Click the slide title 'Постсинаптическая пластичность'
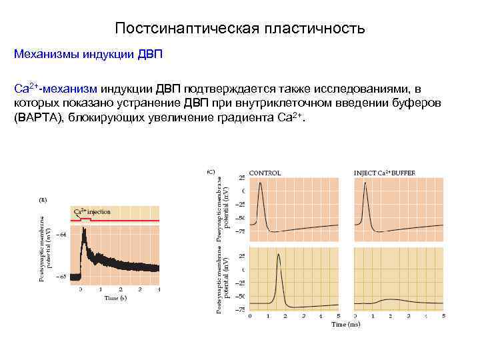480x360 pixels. (x=240, y=29)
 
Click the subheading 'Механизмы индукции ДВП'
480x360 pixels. (x=88, y=53)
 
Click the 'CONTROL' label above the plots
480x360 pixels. (x=265, y=173)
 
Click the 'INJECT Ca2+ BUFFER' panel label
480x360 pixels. (x=384, y=173)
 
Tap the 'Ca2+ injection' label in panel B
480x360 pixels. (x=92, y=212)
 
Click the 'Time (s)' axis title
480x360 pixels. (x=115, y=298)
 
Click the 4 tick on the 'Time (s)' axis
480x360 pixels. (x=159, y=289)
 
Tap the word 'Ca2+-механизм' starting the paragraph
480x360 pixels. (x=56, y=89)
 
